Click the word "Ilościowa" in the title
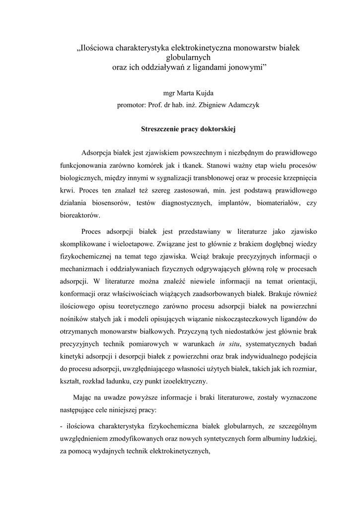97,48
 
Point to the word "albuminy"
260,439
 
